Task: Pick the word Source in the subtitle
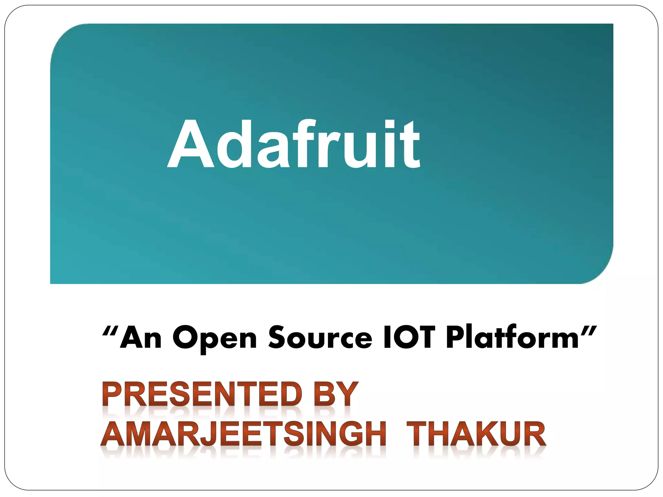(x=320, y=338)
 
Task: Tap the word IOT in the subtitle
(x=408, y=338)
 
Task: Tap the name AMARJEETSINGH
(x=243, y=434)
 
